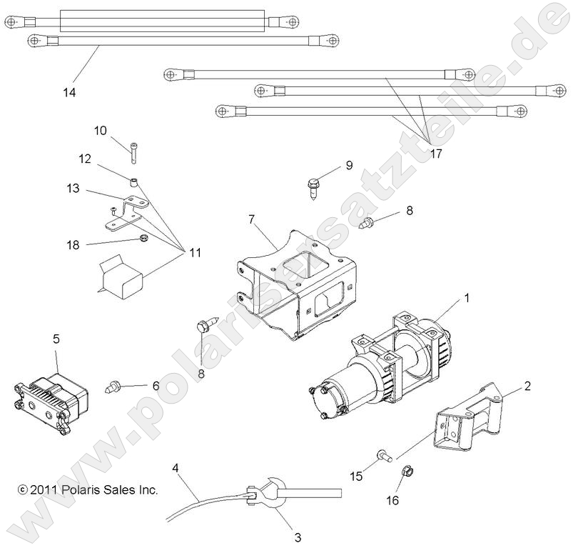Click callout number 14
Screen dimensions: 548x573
[x=69, y=92]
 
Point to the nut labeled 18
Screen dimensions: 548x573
[x=143, y=237]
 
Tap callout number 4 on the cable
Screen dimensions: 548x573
[x=176, y=468]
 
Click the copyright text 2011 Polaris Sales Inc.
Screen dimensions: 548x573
[x=87, y=490]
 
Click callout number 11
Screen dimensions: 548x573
[x=194, y=251]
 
